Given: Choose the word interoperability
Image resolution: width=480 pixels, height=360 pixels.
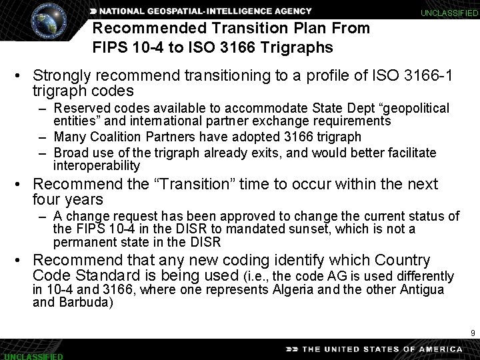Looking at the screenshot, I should (97, 165).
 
